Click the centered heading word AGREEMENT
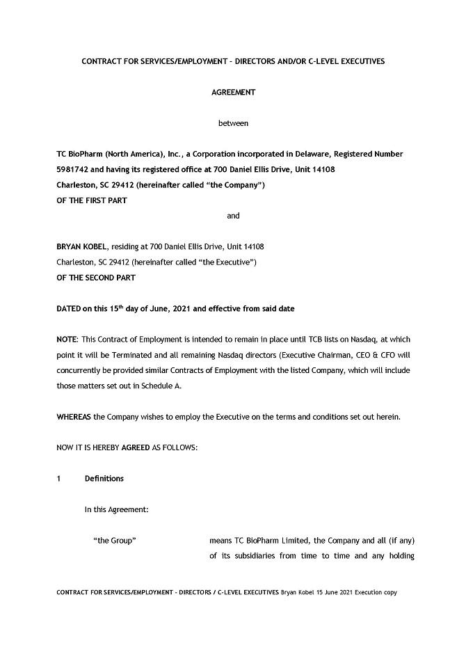click(x=233, y=92)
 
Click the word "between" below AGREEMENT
click(x=233, y=123)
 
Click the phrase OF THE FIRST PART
click(x=91, y=200)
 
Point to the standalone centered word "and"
click(x=233, y=216)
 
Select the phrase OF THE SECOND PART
click(x=96, y=278)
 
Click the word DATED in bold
click(x=69, y=308)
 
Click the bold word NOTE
click(x=66, y=340)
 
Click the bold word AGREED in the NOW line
click(x=135, y=447)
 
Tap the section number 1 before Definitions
click(x=59, y=479)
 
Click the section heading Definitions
click(x=104, y=479)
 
